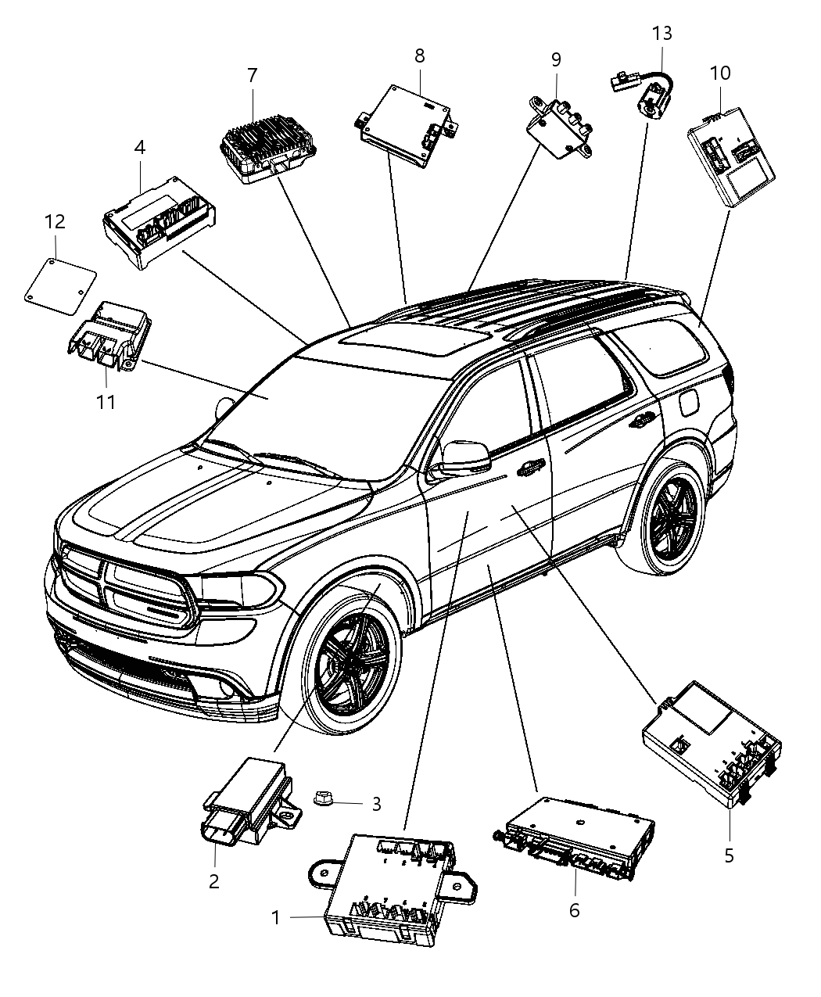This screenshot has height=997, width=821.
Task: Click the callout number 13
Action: (661, 34)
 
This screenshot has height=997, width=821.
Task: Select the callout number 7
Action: (252, 76)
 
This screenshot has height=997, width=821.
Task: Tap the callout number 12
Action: (54, 222)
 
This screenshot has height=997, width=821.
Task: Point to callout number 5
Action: (729, 855)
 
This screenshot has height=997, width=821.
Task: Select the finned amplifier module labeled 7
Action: (266, 147)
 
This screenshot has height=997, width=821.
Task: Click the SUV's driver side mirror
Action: (465, 458)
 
